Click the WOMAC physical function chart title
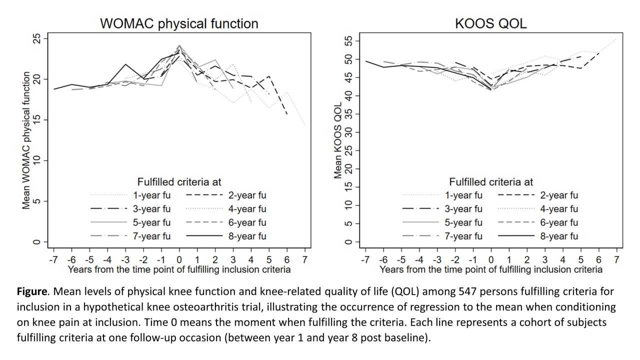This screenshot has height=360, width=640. point(179,23)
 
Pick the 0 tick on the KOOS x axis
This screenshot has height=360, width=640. point(491,259)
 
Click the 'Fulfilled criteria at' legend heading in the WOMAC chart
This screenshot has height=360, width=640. point(179,181)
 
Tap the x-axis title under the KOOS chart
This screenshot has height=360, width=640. point(491,270)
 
